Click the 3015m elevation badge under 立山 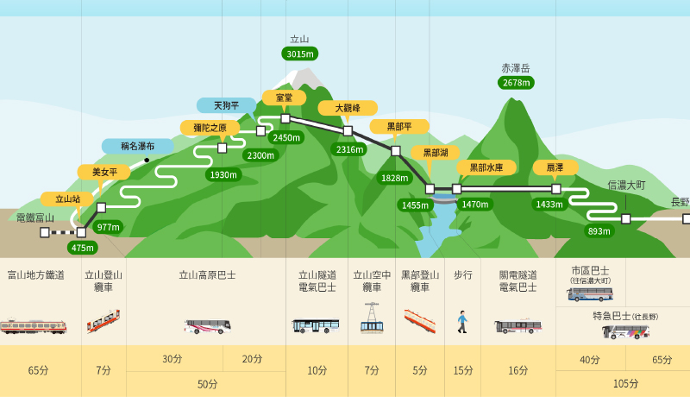(299, 54)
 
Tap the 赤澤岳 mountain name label (516, 68)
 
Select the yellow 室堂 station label (284, 98)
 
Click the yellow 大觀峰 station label (348, 108)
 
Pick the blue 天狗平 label (226, 105)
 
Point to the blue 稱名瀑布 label (137, 146)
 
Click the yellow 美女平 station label (103, 172)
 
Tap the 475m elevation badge (83, 248)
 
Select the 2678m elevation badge (516, 83)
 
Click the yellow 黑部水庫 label (486, 167)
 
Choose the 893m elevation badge (599, 230)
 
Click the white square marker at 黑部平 (396, 151)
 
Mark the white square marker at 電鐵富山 (45, 232)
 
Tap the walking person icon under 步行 (462, 322)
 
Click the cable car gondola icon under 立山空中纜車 (372, 318)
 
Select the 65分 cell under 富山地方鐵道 (39, 370)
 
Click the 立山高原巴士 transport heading (207, 275)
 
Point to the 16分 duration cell (517, 370)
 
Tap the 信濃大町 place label (626, 186)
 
